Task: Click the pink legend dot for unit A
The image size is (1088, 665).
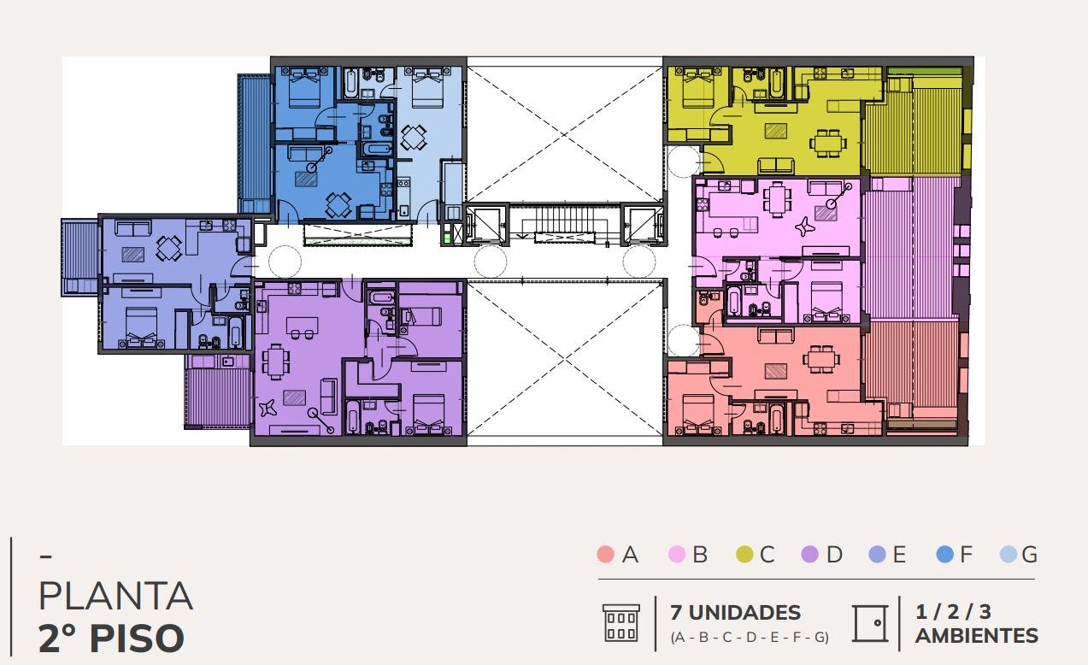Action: [x=605, y=554]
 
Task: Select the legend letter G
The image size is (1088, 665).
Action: [x=1029, y=554]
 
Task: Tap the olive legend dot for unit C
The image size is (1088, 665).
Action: [x=744, y=554]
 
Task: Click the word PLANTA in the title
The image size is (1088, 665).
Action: [x=115, y=596]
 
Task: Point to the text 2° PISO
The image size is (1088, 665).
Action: [x=111, y=639]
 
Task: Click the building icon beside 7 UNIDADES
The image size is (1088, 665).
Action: [x=620, y=623]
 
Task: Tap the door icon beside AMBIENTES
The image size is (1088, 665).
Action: [x=871, y=623]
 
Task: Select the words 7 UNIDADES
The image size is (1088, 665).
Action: [x=735, y=613]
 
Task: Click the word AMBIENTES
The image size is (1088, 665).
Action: [x=977, y=636]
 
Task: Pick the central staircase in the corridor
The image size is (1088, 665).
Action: [x=564, y=221]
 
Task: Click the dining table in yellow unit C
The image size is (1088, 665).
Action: [x=827, y=143]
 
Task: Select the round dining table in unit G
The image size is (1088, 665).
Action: [x=414, y=138]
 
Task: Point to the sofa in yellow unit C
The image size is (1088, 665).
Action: [x=776, y=166]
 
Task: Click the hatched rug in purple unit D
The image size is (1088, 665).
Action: [x=294, y=397]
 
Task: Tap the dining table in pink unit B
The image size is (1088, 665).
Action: [x=777, y=198]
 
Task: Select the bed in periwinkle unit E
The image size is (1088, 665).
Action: [x=141, y=327]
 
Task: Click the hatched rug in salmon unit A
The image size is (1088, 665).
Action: [x=776, y=371]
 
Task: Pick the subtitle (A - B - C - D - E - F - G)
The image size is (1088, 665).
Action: [x=750, y=638]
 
